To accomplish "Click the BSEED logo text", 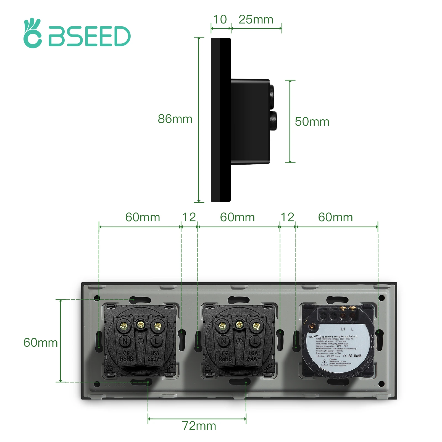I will pos(89,36).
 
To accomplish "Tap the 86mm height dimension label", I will pos(175,119).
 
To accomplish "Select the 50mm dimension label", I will pos(312,122).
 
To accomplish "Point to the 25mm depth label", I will pos(256,20).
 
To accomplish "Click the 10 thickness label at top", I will pos(220,20).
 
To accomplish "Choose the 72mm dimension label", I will pos(199,426).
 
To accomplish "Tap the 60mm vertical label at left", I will pos(40,343).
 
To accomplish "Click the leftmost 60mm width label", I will pos(143,217).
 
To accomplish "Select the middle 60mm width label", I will pos(237,217).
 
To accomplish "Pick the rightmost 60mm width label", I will pos(335,217).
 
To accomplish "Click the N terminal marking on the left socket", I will pos(125,341).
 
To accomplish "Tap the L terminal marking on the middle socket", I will pos(255,341).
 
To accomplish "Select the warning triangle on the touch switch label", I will pos(324,362).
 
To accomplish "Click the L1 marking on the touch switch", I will pos(343,329).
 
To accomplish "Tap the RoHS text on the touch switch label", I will pos(358,356).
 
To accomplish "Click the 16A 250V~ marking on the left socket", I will pos(155,356).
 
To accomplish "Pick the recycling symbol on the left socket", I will pos(110,368).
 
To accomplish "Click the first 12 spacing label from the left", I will pos(189,217).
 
